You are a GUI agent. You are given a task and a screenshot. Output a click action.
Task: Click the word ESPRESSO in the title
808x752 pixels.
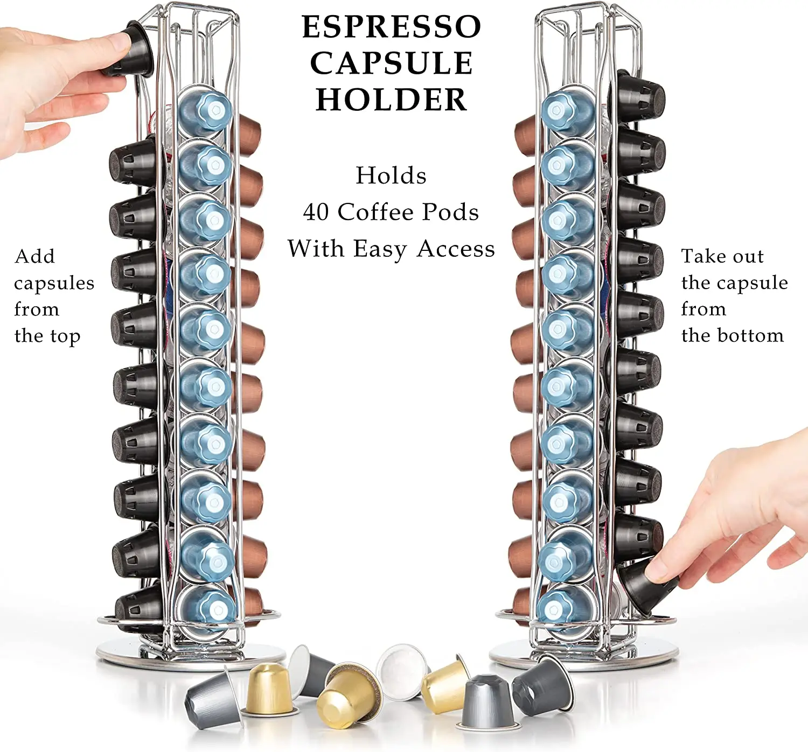pyautogui.click(x=391, y=27)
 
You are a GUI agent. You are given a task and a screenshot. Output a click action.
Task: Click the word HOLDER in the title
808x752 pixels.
pyautogui.click(x=391, y=100)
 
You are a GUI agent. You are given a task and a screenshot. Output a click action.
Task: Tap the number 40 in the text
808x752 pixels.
pyautogui.click(x=316, y=212)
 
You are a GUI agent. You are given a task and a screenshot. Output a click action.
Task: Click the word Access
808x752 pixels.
pyautogui.click(x=456, y=249)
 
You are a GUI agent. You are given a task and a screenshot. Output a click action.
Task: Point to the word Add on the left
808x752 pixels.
pyautogui.click(x=34, y=256)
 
